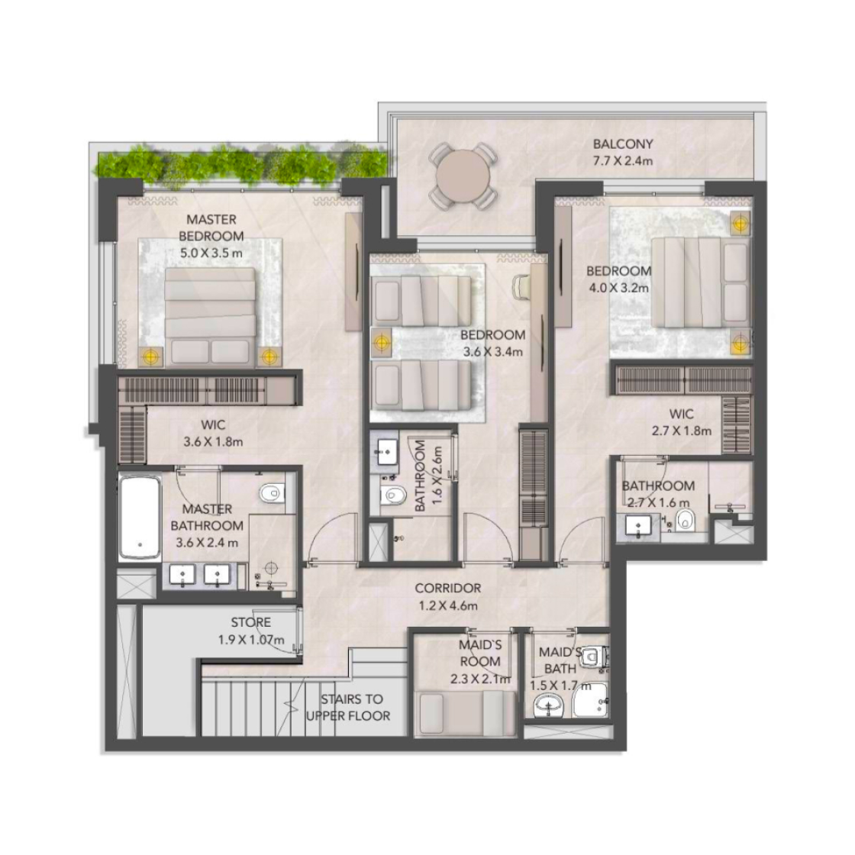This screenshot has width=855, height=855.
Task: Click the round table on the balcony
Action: point(463,176)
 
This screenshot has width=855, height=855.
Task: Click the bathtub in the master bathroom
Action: point(140,516)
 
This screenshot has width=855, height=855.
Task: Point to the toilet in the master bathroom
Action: point(271,493)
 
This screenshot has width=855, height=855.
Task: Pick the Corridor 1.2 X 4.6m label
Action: point(447,596)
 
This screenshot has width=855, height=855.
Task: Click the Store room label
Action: point(251,631)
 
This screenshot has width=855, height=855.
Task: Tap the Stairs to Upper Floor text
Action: point(349,707)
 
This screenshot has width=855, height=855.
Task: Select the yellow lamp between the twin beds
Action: point(382,343)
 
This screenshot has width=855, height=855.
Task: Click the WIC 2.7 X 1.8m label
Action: point(682,422)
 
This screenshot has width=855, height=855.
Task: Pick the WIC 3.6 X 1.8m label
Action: point(213,433)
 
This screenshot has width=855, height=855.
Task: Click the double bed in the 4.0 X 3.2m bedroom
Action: point(702,283)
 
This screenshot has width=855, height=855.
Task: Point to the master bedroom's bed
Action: point(211,316)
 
